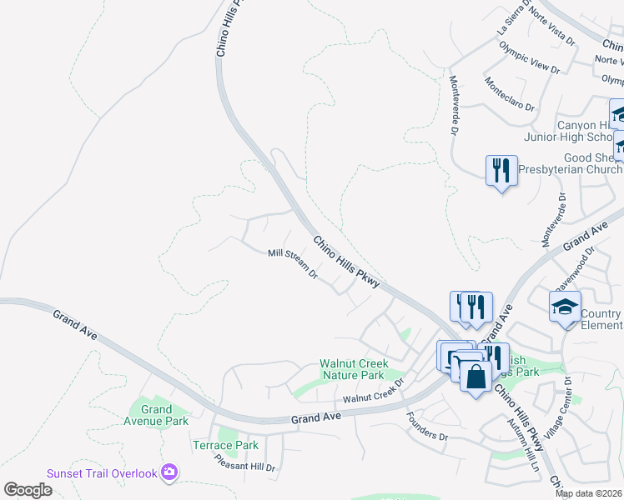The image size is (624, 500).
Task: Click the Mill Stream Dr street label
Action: coord(293,262)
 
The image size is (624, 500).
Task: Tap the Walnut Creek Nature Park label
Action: coord(352,369)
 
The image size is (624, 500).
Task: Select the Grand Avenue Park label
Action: coord(156,415)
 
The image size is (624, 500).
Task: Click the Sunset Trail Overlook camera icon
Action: coord(169,472)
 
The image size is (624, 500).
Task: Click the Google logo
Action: coord(28,490)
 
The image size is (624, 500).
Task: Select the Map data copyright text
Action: coord(589,493)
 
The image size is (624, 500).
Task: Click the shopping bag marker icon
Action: coord(475,377)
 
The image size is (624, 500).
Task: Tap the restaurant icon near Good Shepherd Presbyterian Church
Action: coord(501,172)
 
